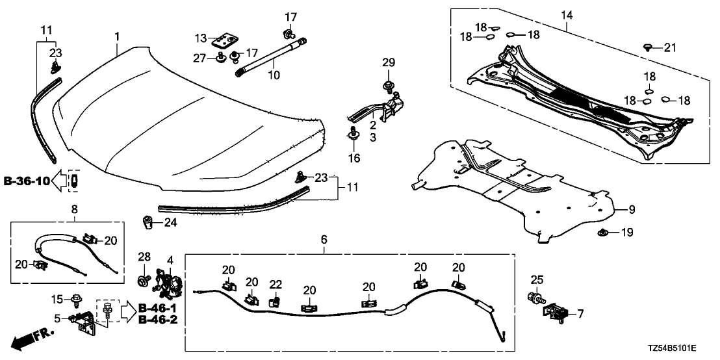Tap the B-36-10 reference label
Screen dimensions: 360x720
[26, 179]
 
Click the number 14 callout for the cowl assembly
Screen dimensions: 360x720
[568, 14]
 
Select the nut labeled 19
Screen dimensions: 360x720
[602, 233]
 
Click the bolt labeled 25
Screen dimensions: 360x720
[537, 300]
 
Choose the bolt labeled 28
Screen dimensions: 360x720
[142, 281]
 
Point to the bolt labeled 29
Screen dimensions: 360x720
[389, 86]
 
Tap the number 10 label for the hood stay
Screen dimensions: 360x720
[274, 75]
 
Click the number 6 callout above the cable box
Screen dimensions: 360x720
[324, 240]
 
